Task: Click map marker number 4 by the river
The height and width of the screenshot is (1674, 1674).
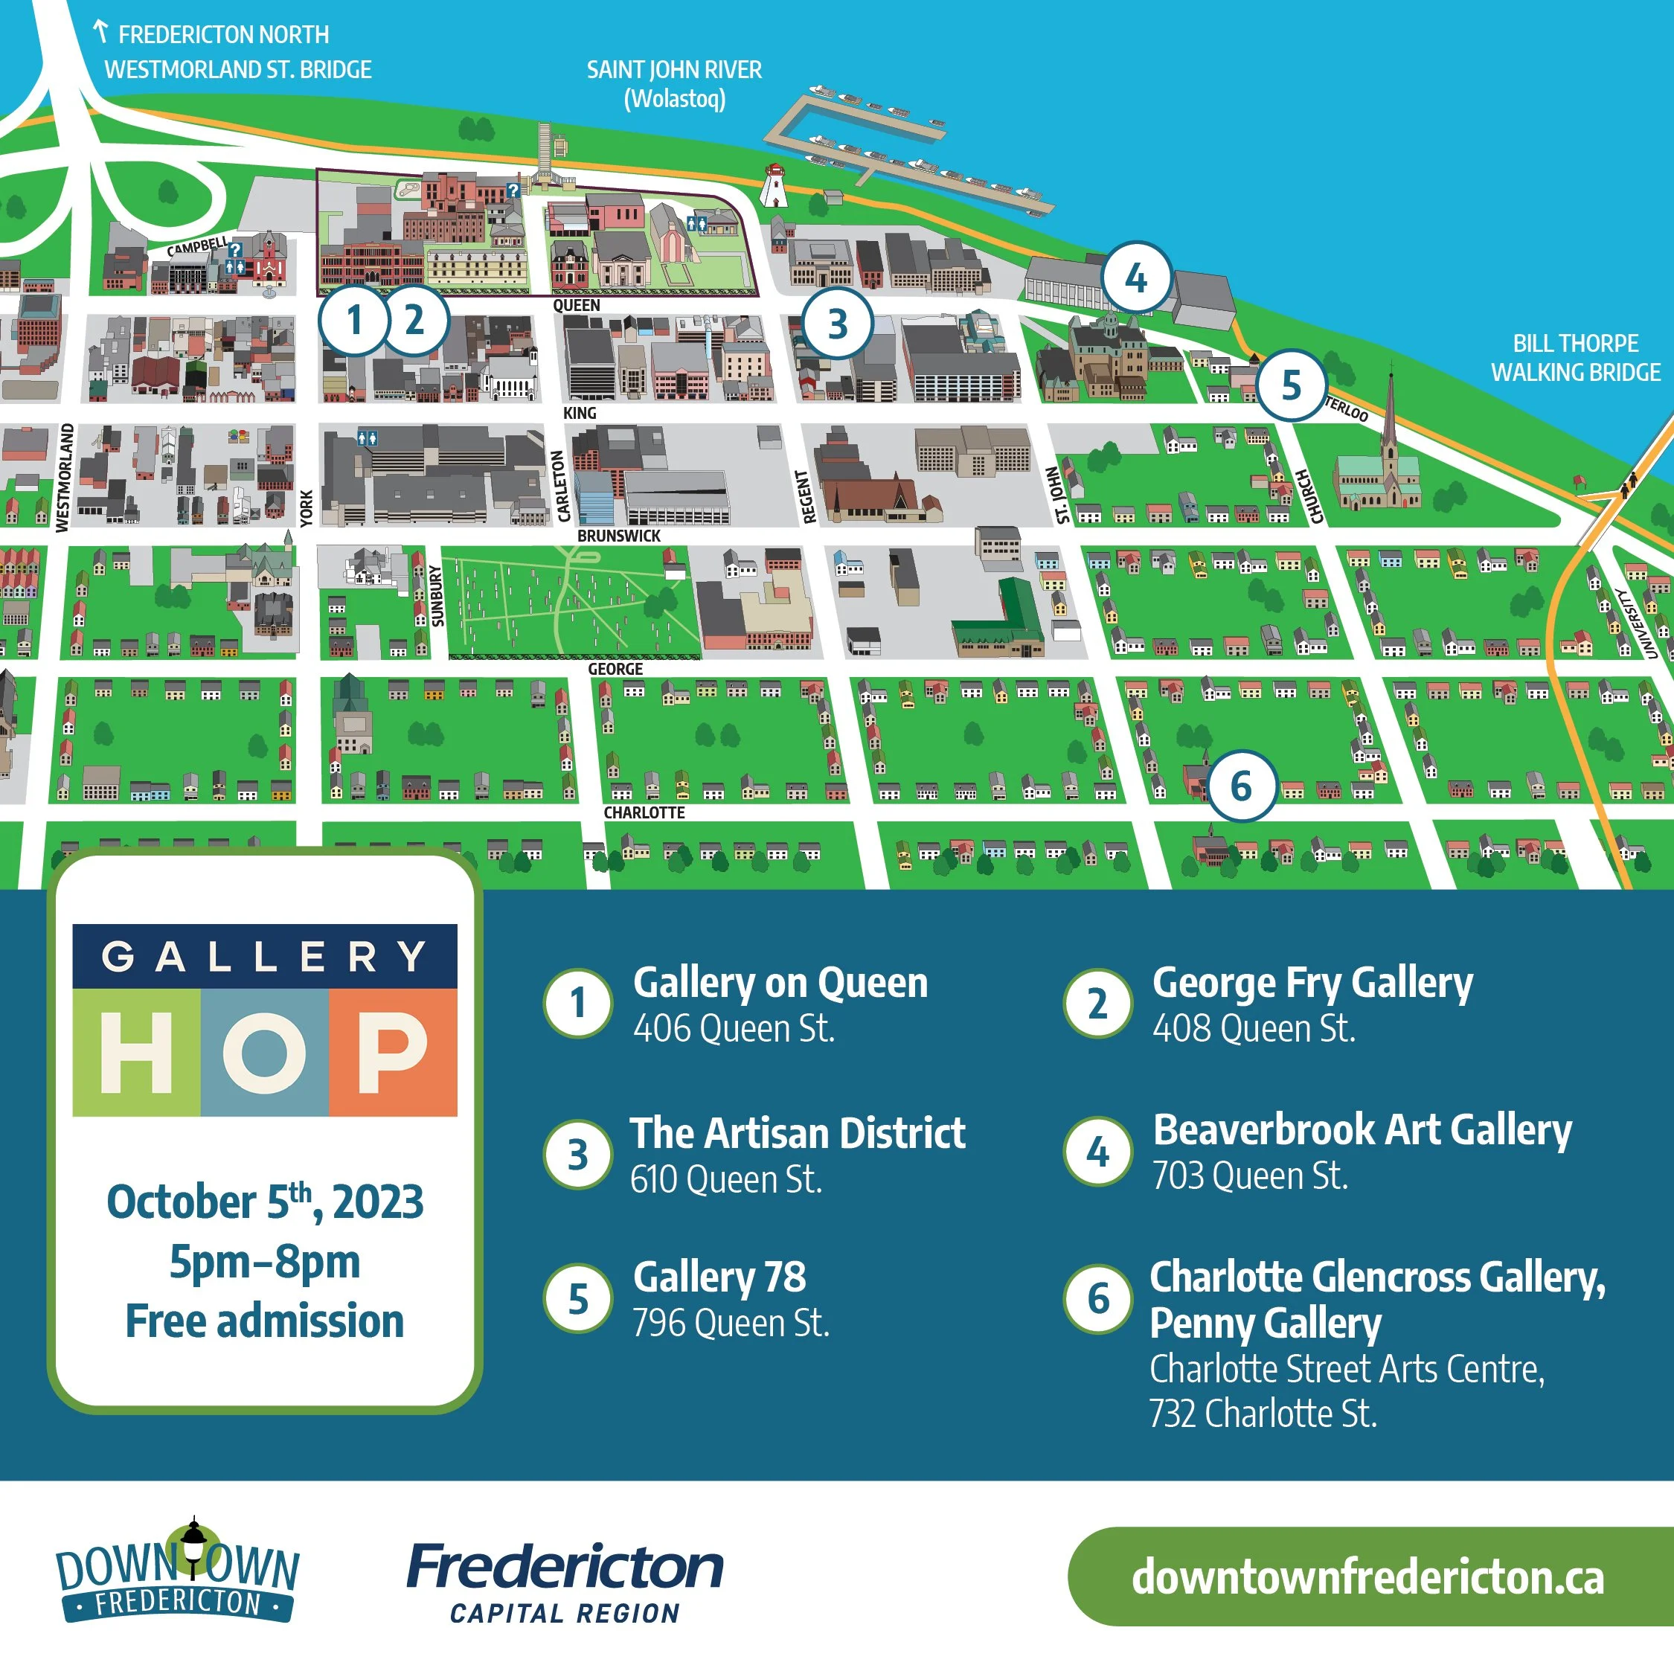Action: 1136,278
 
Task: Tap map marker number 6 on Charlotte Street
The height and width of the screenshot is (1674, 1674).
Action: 1242,786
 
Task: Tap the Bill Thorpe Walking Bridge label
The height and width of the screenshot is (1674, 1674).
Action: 1575,358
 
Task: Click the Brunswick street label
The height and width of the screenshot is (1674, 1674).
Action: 619,536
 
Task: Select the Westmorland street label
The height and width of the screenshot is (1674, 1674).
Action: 63,478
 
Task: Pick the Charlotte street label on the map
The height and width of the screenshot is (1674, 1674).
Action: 644,812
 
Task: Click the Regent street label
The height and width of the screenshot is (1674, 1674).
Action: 807,496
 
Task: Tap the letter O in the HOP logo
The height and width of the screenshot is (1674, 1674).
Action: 264,1052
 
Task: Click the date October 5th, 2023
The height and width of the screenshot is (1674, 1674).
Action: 265,1202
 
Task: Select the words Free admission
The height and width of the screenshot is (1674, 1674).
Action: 265,1321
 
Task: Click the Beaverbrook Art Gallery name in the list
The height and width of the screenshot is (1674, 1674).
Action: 1362,1130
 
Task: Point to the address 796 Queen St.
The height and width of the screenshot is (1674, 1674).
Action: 731,1323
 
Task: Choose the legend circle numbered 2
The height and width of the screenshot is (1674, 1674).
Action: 1098,1004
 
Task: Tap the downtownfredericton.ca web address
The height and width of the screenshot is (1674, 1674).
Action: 1367,1576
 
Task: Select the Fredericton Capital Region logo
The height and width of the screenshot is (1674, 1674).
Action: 565,1582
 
